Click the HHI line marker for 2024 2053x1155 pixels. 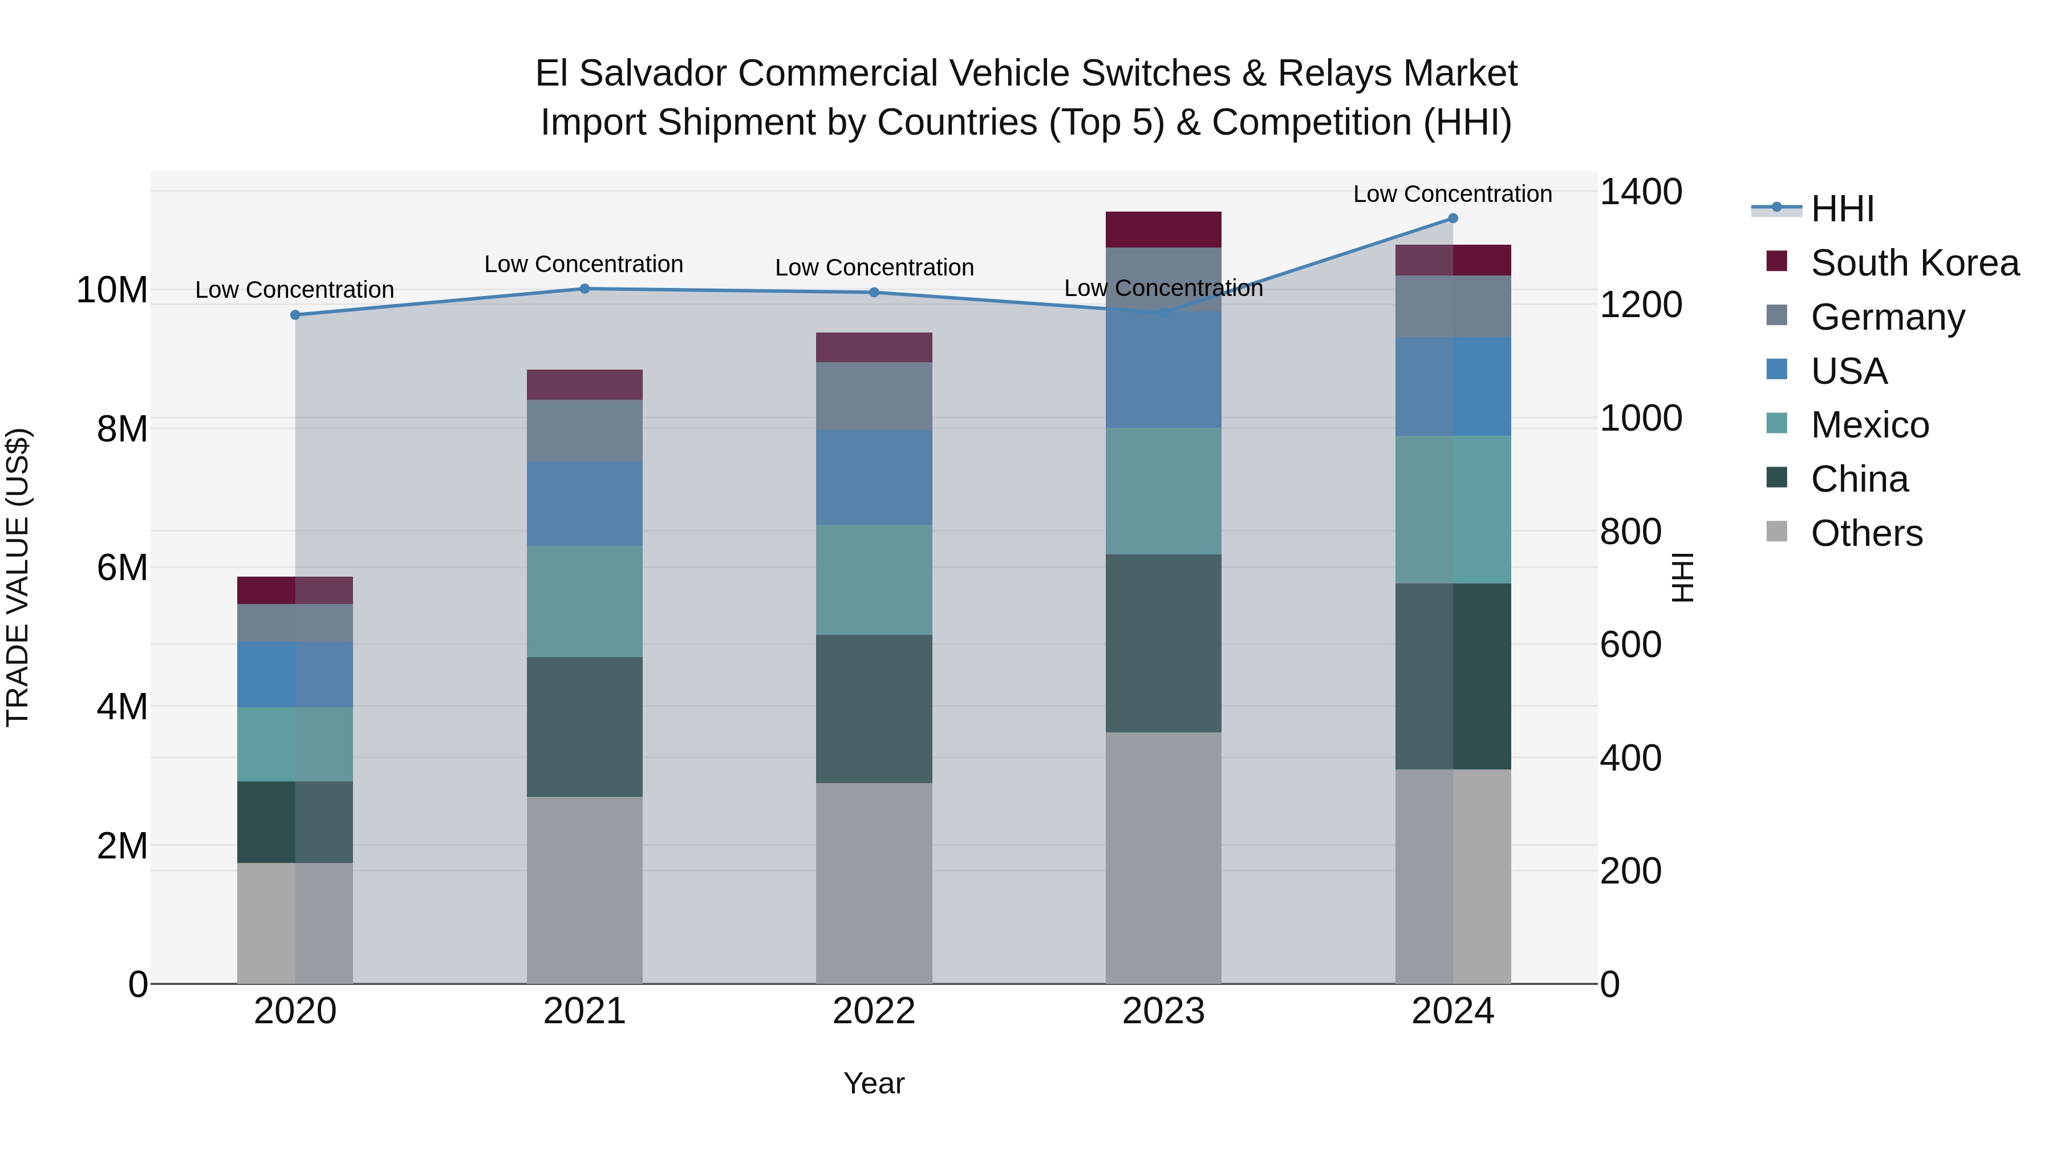(1452, 218)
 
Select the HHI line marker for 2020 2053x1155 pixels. (295, 315)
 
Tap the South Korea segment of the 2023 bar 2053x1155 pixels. (1163, 229)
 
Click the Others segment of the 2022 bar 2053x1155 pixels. (874, 882)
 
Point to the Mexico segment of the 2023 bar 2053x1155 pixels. (1163, 491)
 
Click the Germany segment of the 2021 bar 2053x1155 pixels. (584, 431)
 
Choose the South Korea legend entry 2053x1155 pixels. (1914, 262)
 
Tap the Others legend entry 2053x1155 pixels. (1866, 533)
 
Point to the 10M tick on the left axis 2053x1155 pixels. (112, 290)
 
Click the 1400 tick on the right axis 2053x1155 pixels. (1640, 192)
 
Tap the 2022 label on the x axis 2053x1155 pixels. (874, 1011)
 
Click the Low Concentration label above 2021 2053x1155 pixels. (583, 264)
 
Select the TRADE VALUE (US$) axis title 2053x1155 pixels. (18, 577)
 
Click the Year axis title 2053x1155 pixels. (874, 1083)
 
